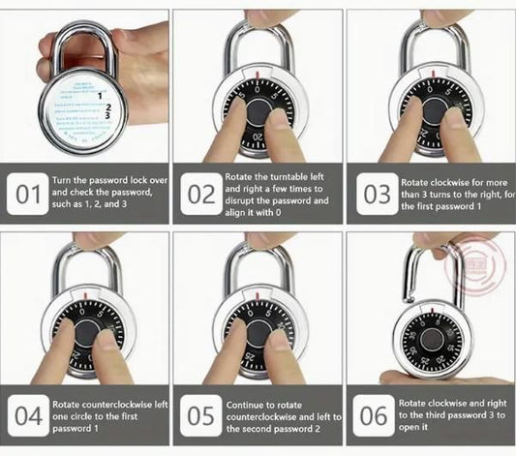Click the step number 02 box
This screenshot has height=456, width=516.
point(201,194)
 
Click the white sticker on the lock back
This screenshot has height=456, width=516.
point(86,113)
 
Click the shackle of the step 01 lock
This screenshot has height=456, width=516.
point(77,44)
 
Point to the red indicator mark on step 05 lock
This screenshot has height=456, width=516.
point(257,297)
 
